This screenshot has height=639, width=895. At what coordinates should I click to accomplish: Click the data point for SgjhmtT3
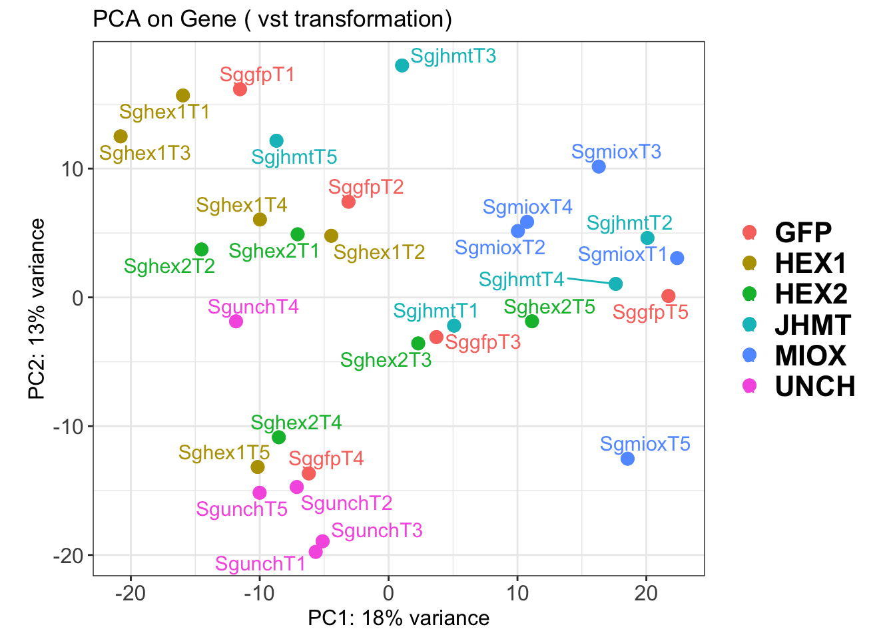402,65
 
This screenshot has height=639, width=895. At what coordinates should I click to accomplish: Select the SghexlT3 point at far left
121,136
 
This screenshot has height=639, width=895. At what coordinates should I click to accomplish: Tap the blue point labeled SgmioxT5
627,459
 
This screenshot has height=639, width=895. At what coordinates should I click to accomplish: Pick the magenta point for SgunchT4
236,321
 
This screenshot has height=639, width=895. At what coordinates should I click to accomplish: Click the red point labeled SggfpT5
669,296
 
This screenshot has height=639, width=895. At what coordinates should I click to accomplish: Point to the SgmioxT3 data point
599,166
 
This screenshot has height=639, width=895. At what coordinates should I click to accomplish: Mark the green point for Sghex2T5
532,321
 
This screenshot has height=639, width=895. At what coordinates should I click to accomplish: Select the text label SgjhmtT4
521,280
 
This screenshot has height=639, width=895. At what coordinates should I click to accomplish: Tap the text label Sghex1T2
379,252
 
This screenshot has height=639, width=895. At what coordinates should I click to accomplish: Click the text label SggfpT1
257,75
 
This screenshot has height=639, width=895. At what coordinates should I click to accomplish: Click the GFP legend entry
803,232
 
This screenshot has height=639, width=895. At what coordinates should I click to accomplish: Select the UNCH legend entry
814,387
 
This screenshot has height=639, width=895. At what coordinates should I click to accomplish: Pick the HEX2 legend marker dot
749,294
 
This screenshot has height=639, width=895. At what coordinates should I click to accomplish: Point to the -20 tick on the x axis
131,592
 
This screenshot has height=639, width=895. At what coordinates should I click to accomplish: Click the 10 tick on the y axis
73,169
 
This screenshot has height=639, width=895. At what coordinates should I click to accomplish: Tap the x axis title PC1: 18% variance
398,618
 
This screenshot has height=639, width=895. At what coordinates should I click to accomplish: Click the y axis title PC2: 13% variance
37,309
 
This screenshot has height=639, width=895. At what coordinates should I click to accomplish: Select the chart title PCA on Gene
272,19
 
